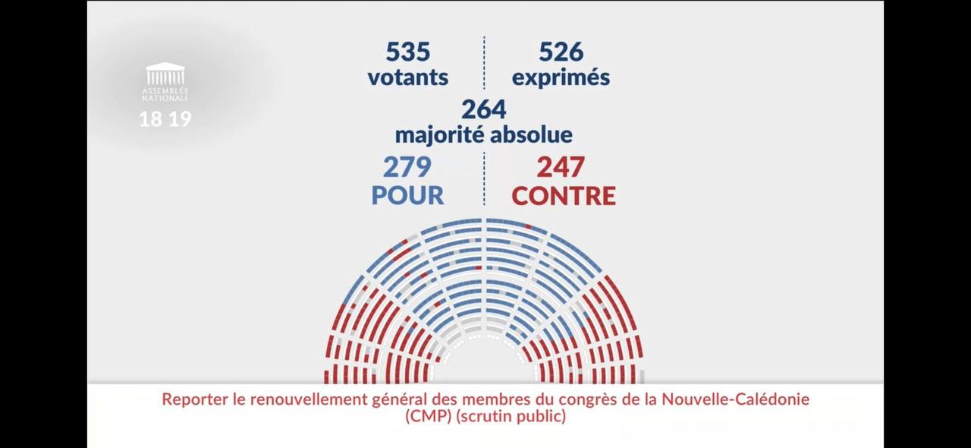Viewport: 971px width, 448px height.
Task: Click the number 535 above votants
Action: tap(408, 52)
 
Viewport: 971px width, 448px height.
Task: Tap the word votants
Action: tap(408, 77)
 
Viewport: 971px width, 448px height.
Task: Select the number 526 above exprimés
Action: tap(561, 52)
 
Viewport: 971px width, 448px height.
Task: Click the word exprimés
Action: tap(561, 77)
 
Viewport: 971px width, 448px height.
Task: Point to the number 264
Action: tap(484, 109)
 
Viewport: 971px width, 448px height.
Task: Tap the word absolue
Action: tap(531, 135)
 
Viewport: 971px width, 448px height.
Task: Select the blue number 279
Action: tap(407, 166)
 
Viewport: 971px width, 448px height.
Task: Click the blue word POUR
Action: tap(407, 195)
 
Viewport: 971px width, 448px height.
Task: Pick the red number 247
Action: tap(562, 166)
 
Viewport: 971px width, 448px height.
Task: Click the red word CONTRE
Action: tap(564, 195)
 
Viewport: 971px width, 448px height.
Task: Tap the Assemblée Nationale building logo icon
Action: tap(165, 74)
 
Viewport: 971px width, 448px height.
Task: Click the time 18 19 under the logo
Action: tap(165, 119)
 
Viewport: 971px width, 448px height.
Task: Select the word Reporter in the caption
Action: tap(193, 399)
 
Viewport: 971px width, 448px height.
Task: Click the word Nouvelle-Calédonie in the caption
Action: tap(736, 399)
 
